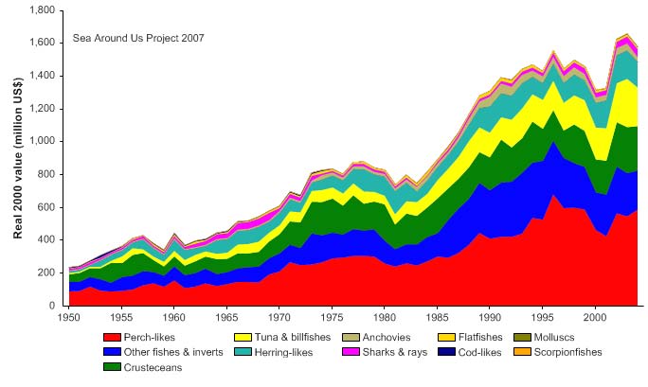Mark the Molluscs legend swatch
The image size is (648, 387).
point(521,337)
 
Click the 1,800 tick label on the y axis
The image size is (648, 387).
point(41,9)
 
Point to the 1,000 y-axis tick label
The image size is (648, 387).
point(41,141)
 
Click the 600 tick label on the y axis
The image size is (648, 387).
point(46,207)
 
